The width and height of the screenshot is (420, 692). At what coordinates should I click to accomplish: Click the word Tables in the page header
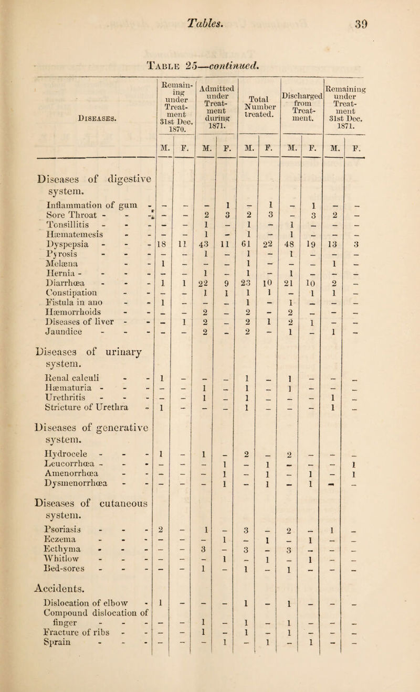[x=211, y=21]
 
